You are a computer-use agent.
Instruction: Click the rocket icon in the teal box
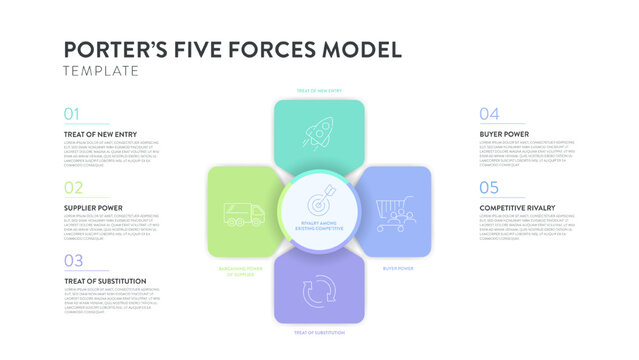[320, 134]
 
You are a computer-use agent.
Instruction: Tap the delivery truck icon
[245, 214]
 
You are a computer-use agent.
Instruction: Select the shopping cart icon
[395, 213]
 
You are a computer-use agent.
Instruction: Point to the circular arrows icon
[319, 292]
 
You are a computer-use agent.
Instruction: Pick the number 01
[72, 113]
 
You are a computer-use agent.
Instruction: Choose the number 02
[73, 187]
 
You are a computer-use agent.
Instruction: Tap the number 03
[73, 261]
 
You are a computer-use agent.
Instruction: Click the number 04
[488, 113]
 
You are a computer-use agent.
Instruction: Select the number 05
[488, 187]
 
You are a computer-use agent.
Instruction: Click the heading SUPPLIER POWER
[93, 208]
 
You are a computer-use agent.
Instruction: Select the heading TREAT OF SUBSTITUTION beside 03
[105, 281]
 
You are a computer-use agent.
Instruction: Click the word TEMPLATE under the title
[100, 71]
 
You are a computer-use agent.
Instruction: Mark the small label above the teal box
[319, 91]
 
